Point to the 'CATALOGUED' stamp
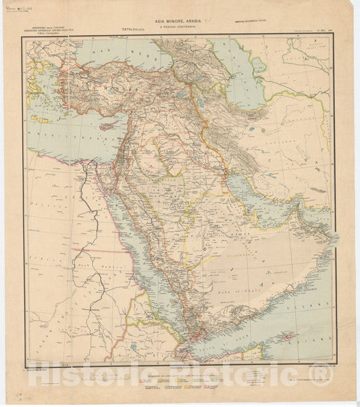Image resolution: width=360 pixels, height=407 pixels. coord(138,30)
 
